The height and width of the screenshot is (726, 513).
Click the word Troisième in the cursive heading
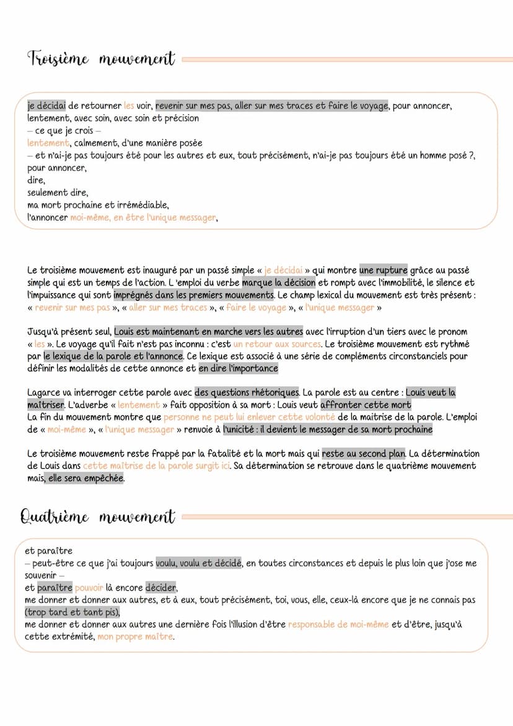point(58,60)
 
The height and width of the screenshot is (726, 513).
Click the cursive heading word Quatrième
point(55,516)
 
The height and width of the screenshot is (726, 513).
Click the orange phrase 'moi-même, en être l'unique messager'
point(143,217)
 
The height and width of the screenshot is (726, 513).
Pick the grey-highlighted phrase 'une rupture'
point(383,270)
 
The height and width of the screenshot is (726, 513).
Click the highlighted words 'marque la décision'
point(278,283)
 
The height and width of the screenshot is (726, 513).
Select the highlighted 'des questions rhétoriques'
point(247,392)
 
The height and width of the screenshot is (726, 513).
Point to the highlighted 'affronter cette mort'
point(366,405)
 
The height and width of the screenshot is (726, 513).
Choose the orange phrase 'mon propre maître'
point(136,636)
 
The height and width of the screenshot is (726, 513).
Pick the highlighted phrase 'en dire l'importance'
point(239,368)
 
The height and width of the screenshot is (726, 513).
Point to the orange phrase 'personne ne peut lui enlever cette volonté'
point(249,417)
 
